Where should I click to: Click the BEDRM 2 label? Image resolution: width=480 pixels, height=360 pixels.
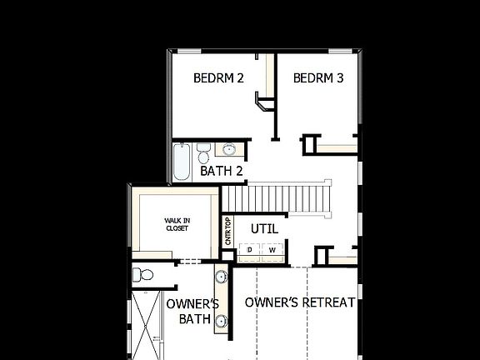click(x=218, y=78)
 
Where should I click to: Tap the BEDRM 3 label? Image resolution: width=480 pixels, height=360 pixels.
click(x=318, y=78)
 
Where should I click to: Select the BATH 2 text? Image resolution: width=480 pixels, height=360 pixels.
click(x=222, y=172)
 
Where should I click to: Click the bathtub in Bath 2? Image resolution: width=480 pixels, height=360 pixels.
click(x=182, y=162)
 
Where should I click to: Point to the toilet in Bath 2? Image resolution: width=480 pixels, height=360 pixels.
click(x=204, y=153)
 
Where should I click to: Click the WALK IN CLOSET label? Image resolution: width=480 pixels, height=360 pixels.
click(x=177, y=224)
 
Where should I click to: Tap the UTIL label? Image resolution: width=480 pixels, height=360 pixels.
click(x=264, y=228)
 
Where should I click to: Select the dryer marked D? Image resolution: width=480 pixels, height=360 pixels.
click(x=249, y=250)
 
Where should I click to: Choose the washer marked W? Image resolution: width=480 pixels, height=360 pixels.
click(x=272, y=250)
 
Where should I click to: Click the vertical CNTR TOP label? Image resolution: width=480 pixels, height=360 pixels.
click(x=227, y=231)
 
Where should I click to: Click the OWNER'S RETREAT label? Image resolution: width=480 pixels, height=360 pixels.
click(x=300, y=302)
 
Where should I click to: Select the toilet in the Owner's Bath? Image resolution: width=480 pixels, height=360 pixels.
click(x=143, y=274)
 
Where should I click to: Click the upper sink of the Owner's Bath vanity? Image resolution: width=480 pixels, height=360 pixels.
click(x=222, y=277)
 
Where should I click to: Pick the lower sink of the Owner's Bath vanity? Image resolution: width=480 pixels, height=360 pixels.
click(x=222, y=321)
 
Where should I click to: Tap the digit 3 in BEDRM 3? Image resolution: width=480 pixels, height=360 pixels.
click(x=340, y=78)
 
